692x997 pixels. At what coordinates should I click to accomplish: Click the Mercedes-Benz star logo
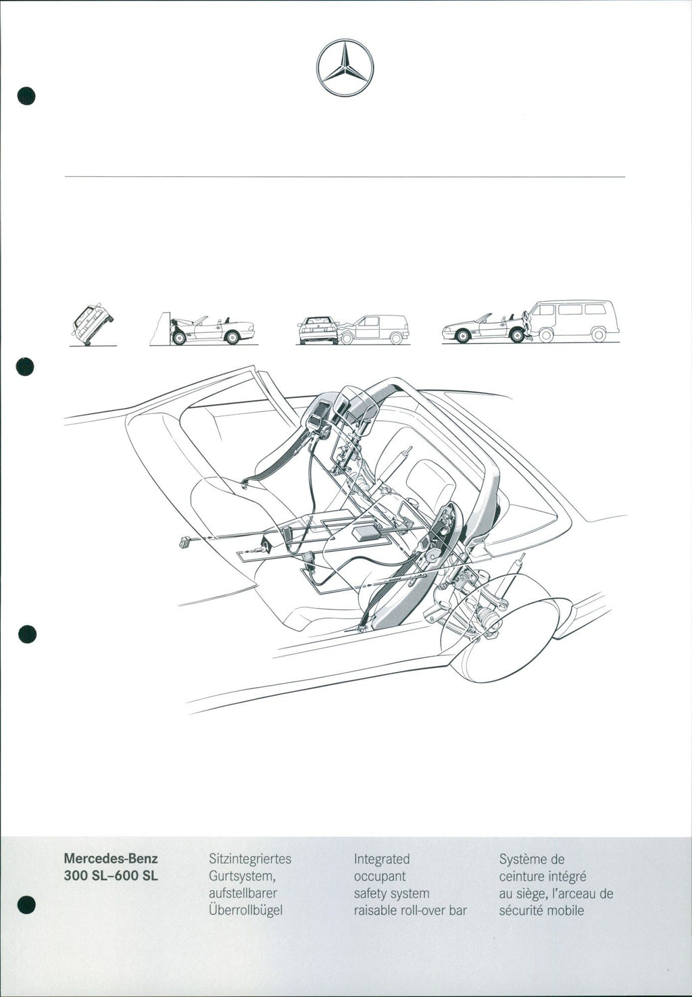pyautogui.click(x=345, y=68)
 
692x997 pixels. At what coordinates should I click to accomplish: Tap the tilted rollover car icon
pyautogui.click(x=93, y=325)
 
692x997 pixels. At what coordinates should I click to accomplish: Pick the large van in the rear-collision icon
pyautogui.click(x=572, y=321)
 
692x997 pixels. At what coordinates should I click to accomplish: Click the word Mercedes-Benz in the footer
pyautogui.click(x=111, y=859)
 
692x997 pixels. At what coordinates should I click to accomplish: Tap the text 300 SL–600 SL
pyautogui.click(x=111, y=876)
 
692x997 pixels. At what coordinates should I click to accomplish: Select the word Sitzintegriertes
pyautogui.click(x=250, y=859)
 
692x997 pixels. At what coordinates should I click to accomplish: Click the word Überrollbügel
pyautogui.click(x=245, y=911)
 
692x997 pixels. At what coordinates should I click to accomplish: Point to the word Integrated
pyautogui.click(x=382, y=859)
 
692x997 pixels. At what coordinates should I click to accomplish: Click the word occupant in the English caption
pyautogui.click(x=379, y=877)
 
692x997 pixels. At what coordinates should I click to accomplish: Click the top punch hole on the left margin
pyautogui.click(x=26, y=96)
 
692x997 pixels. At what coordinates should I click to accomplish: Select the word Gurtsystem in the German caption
pyautogui.click(x=241, y=877)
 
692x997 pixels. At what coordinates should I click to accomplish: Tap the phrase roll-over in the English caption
pyautogui.click(x=424, y=911)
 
